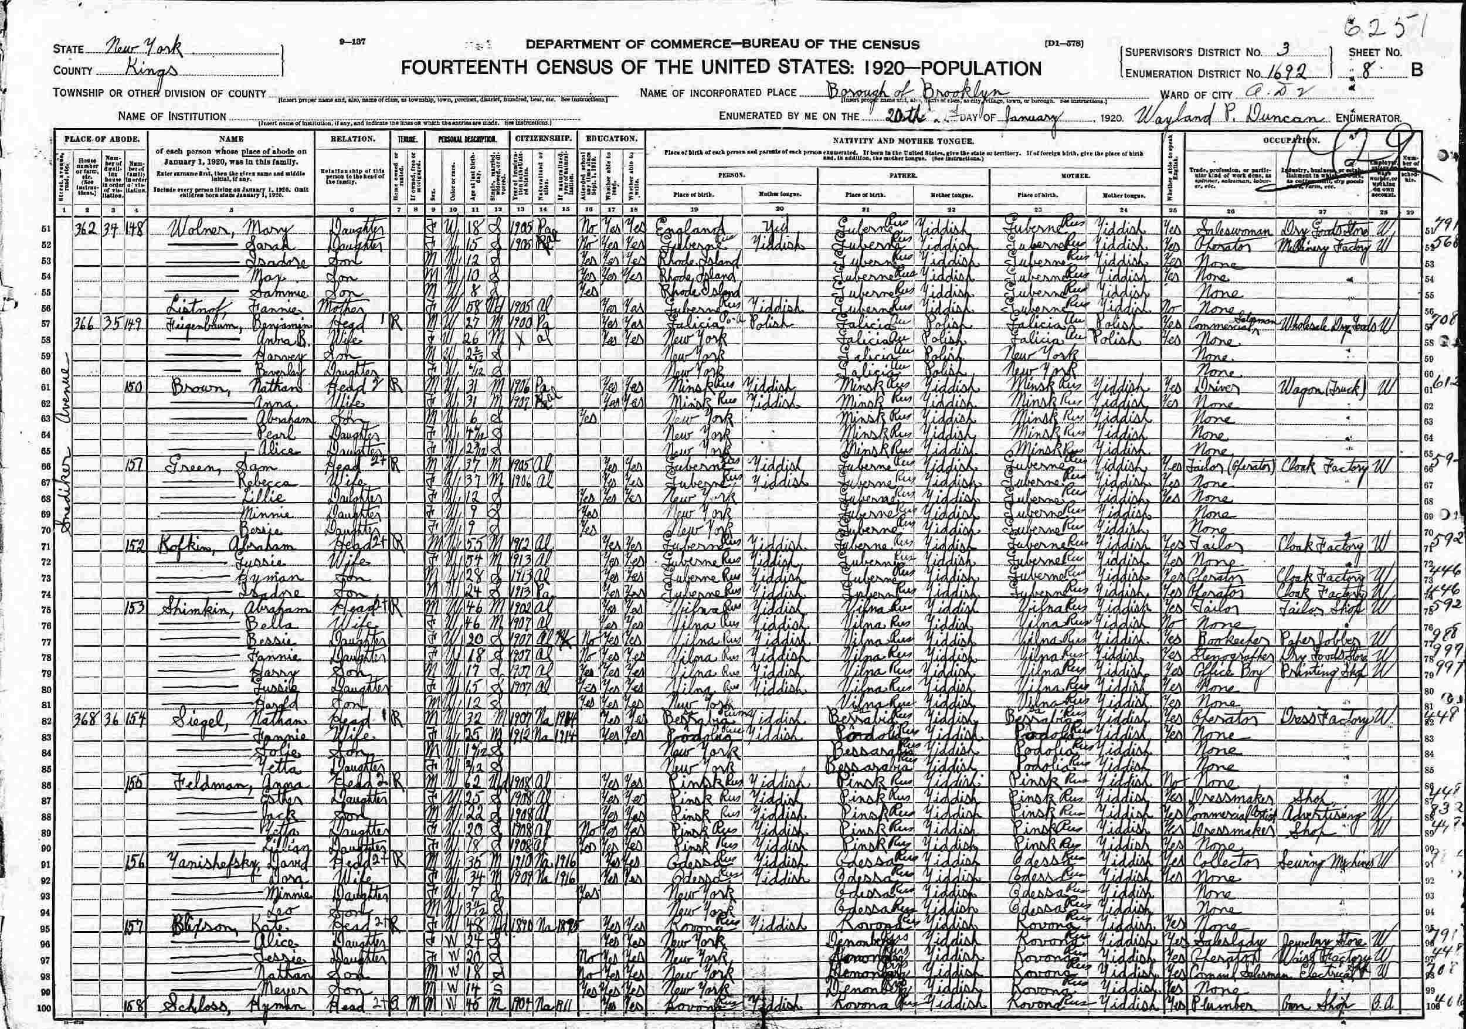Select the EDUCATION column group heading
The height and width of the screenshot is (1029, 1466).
pyautogui.click(x=610, y=138)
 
